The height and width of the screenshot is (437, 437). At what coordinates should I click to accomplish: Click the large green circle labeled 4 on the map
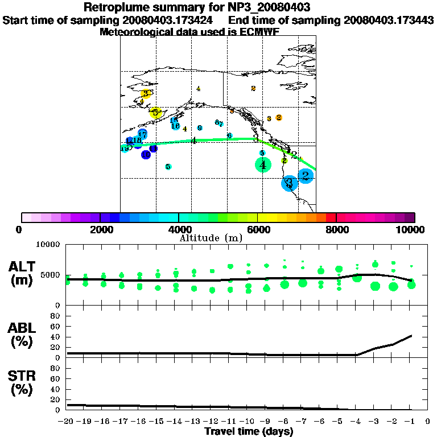(x=263, y=165)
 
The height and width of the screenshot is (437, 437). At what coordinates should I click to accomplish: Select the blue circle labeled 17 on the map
(x=142, y=134)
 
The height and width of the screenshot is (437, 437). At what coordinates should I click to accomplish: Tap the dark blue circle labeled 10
(x=146, y=154)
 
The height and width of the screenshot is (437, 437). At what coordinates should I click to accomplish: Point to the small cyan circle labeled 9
(x=200, y=128)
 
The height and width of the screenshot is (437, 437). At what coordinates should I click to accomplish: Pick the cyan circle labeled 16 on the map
(x=176, y=126)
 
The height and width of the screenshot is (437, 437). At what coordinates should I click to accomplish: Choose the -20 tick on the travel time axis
(x=66, y=422)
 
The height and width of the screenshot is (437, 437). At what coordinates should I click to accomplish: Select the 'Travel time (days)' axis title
(x=249, y=431)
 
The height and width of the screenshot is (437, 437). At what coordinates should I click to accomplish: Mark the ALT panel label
(x=22, y=273)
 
